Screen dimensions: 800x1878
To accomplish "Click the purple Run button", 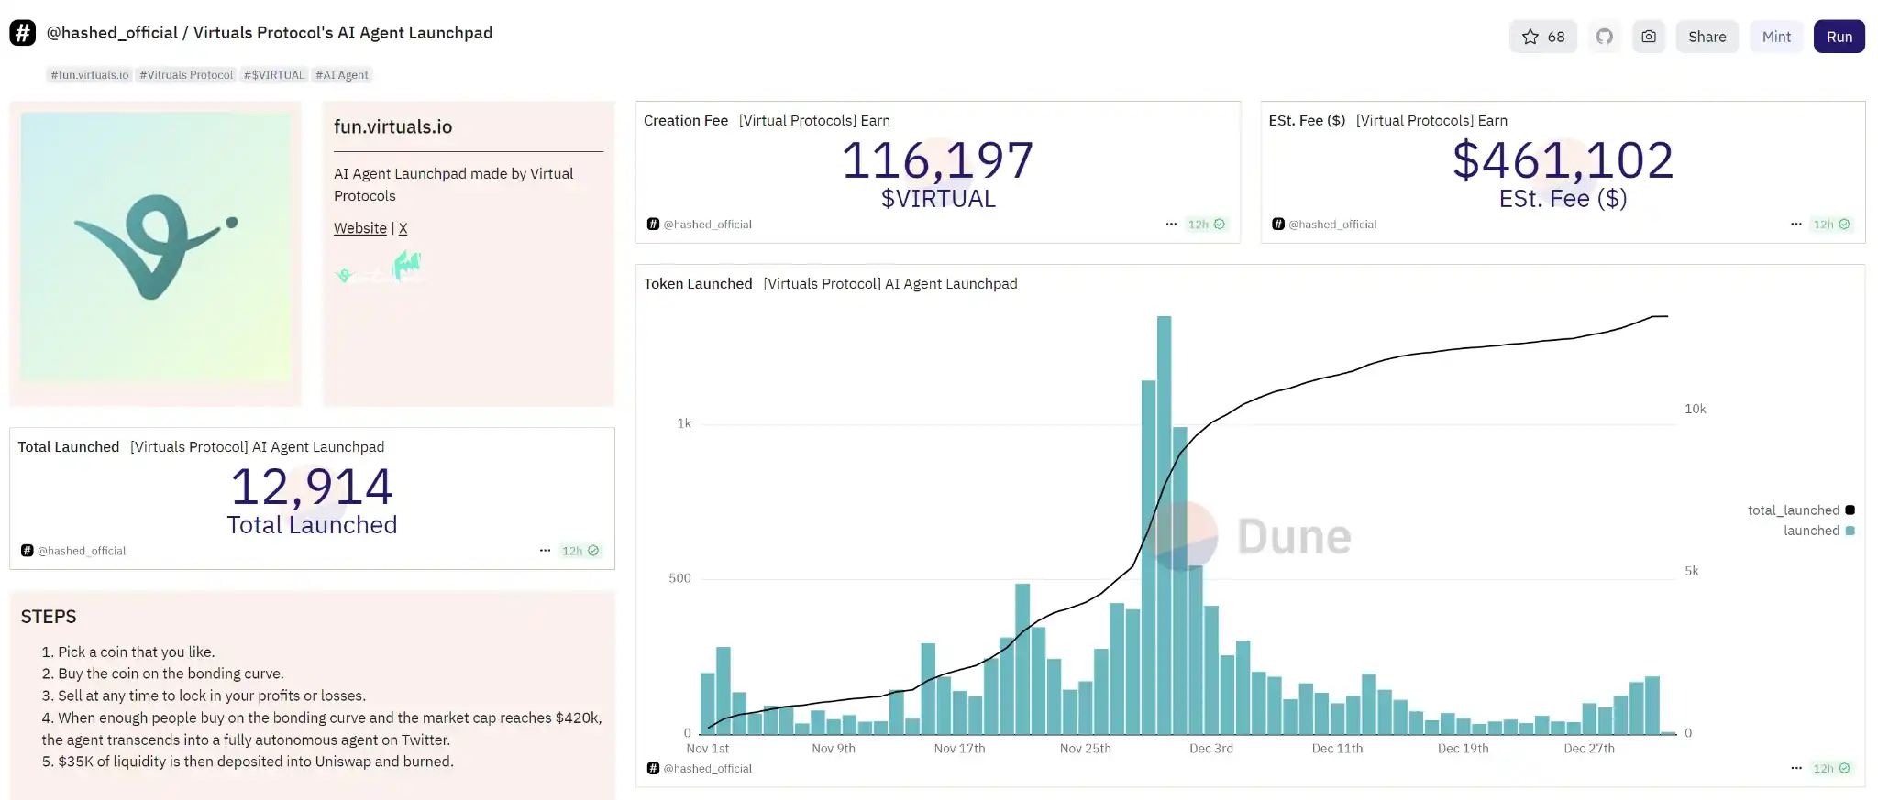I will (1839, 37).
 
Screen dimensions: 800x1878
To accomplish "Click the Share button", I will (1707, 37).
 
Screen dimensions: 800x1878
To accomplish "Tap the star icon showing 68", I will (1542, 37).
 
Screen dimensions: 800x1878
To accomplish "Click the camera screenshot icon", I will (1648, 37).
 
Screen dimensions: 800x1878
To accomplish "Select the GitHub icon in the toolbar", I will (1604, 37).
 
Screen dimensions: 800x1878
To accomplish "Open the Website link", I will (359, 228).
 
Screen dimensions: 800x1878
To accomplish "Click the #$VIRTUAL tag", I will (273, 75).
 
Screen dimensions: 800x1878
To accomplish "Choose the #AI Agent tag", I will (341, 75).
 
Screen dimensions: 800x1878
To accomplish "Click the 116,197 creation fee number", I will (937, 160).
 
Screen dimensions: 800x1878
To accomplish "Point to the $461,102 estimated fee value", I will (1563, 160).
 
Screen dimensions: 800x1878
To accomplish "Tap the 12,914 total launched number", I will (312, 487).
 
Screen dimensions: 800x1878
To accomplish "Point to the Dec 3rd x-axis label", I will (1210, 749).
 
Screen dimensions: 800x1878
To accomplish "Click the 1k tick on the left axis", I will (684, 423).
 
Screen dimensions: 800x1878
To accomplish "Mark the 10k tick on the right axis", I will (1695, 409).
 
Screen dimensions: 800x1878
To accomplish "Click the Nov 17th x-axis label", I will (959, 749).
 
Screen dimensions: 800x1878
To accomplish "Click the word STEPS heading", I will (49, 617).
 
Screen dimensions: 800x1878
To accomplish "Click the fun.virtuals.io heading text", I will (392, 127).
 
